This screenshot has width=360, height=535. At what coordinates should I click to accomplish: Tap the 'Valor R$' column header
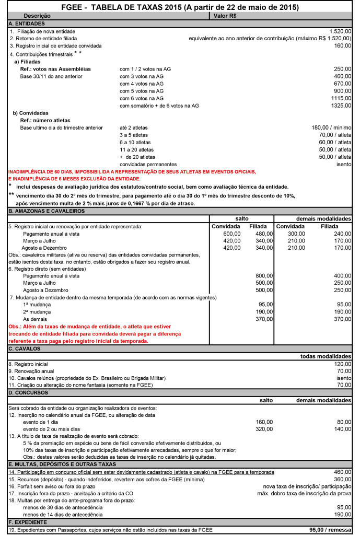click(x=226, y=16)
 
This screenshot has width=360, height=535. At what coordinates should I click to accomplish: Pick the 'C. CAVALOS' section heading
click(x=24, y=347)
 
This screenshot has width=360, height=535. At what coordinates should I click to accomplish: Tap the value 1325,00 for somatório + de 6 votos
click(x=341, y=106)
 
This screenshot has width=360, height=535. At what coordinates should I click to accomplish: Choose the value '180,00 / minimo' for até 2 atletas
click(x=331, y=127)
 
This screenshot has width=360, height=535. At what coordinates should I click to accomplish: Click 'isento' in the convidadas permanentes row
click(x=344, y=164)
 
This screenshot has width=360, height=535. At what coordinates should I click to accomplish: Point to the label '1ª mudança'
click(x=37, y=304)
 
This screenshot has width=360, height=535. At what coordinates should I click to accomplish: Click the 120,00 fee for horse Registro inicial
click(x=342, y=364)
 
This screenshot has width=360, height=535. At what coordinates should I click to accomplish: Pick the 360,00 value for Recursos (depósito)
click(x=342, y=479)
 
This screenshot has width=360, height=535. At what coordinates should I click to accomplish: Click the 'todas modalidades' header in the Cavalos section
click(x=326, y=356)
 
